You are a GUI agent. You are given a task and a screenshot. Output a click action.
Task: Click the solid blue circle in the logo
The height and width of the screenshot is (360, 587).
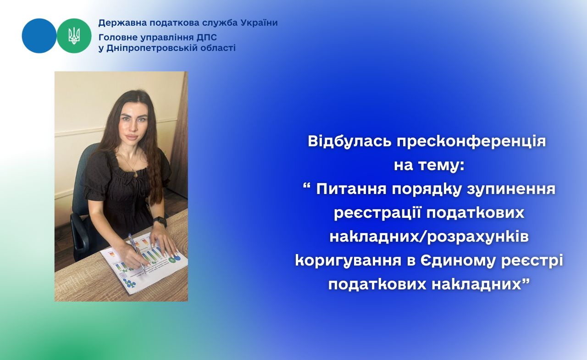click(39, 36)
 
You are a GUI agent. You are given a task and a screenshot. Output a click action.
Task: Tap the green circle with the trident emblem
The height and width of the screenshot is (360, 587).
click(74, 36)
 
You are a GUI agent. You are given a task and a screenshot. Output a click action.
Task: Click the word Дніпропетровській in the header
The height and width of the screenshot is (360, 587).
click(152, 48)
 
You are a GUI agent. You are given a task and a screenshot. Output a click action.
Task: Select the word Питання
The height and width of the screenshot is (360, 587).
click(351, 189)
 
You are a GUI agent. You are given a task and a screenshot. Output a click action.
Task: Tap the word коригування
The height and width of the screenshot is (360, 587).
click(349, 261)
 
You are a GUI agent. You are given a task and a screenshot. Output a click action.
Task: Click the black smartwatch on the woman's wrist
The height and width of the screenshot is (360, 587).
click(160, 222)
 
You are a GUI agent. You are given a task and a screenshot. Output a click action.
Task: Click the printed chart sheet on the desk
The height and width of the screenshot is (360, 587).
click(144, 264)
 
